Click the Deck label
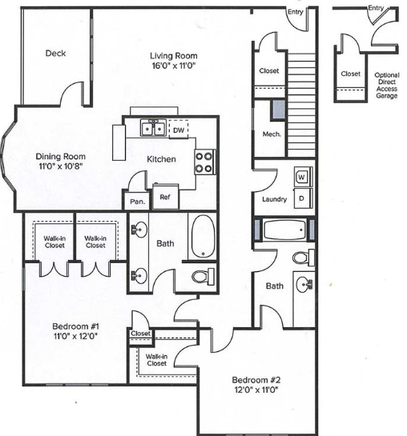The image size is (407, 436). coord(55,53)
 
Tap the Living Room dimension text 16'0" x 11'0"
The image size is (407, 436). coord(174,66)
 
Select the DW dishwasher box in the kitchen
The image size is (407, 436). coord(179,130)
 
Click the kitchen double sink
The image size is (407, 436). coord(153,128)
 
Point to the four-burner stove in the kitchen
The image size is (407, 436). coord(204,162)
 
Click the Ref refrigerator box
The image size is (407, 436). coord(165,197)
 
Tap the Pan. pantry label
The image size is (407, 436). coord(138,201)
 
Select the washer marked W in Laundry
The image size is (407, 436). coord(303,177)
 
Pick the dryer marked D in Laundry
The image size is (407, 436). coord(303,198)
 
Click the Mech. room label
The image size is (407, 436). coord(272,134)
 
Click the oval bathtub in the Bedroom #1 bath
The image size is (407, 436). coord(203,236)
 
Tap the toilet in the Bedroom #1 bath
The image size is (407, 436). coord(203,276)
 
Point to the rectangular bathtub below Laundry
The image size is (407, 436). coord(284,230)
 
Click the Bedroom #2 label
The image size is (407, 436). coord(256,380)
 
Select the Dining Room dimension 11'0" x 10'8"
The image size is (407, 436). coord(61,166)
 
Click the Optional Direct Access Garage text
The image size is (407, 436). coord(387,86)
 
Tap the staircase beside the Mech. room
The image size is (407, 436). coord(301,105)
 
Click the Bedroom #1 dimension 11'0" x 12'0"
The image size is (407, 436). coord(75,336)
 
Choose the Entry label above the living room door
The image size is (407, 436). coord(295,12)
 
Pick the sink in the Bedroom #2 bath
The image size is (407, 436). coord(304,285)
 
